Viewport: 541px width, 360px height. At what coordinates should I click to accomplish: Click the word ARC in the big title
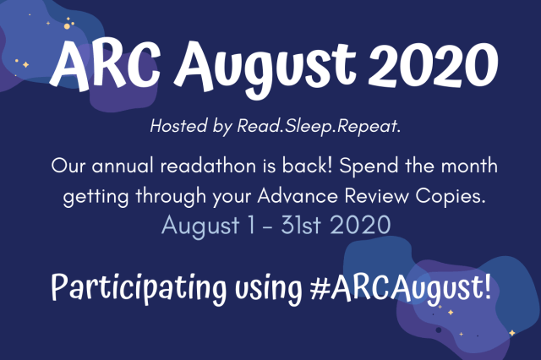(105, 66)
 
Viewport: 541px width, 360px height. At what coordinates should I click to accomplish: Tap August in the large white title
(265, 69)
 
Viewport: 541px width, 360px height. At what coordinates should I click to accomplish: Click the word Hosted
(178, 126)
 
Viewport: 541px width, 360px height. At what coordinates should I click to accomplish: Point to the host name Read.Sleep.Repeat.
(319, 126)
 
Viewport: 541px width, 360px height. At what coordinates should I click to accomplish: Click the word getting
(96, 197)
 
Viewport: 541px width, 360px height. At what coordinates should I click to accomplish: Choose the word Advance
(298, 196)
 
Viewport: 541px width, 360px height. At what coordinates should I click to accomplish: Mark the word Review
(376, 196)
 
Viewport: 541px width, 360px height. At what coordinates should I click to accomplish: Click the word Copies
(451, 197)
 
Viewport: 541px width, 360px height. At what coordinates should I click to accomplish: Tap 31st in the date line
(301, 226)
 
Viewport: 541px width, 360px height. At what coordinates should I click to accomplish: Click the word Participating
(139, 288)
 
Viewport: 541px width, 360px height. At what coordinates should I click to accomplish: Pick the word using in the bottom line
(269, 290)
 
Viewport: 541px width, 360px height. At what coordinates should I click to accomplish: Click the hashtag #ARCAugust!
(401, 287)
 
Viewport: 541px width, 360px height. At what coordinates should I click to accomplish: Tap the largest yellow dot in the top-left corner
(67, 26)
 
